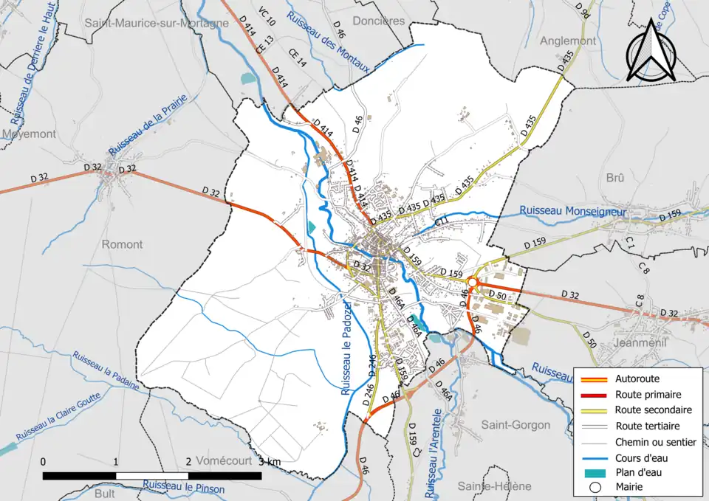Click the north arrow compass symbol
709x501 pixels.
coord(653,50)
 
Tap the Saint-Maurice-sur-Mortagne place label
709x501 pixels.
coord(157,23)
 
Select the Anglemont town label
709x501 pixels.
coord(567,41)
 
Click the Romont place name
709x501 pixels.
coord(122,244)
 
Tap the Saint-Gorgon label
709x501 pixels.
coord(516,425)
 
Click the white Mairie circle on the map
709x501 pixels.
coord(472,282)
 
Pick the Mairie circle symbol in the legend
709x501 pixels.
coord(595,487)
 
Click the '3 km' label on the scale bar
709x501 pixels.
coord(270,462)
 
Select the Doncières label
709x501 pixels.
coord(379,21)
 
